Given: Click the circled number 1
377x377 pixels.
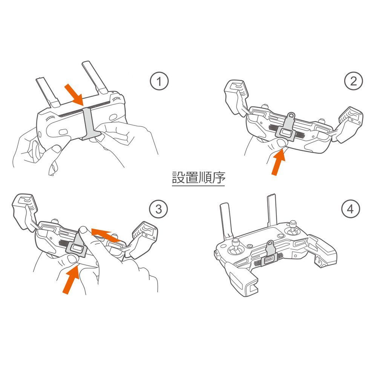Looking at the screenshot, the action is [x=159, y=81].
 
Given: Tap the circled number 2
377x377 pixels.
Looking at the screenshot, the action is [x=354, y=81].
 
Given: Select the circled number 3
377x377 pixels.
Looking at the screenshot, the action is [x=158, y=209].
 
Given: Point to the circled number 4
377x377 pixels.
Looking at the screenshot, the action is [x=351, y=209].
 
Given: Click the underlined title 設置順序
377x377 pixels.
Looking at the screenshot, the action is [x=199, y=178].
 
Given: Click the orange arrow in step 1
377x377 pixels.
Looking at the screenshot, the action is [x=74, y=95].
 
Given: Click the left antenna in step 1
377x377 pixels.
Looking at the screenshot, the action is [x=48, y=92].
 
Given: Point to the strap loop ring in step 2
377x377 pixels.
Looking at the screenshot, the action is [x=291, y=115].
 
